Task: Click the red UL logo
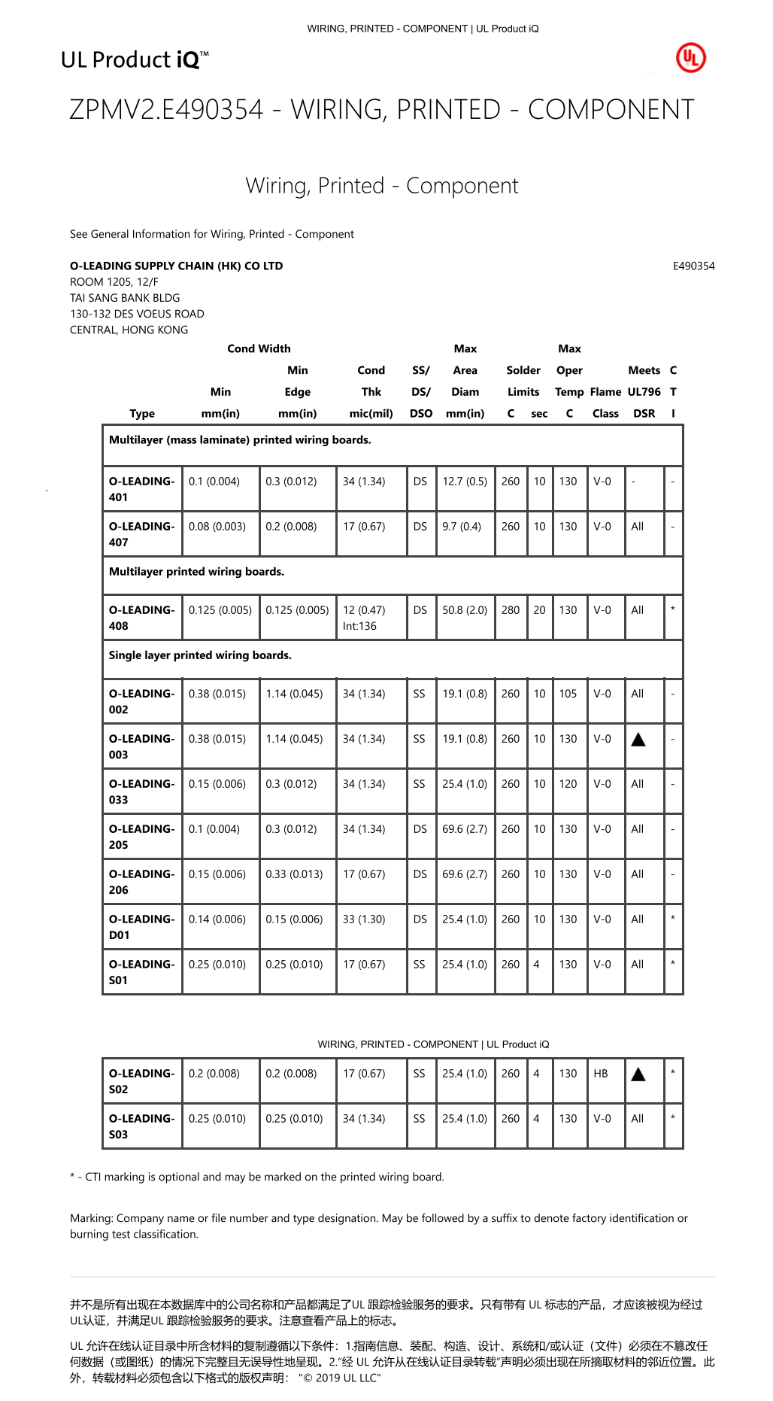(x=690, y=59)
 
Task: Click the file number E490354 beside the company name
(x=693, y=266)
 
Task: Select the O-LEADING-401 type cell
(x=141, y=489)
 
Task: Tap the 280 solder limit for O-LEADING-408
(x=511, y=610)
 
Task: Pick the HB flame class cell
(x=601, y=1074)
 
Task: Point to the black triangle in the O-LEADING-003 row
(x=638, y=740)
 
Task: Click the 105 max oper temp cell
(x=568, y=694)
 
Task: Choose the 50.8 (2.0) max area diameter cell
(x=465, y=610)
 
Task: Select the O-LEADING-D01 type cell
(x=141, y=927)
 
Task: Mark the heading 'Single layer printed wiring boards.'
(x=200, y=655)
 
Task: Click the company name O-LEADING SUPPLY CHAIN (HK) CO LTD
(x=177, y=266)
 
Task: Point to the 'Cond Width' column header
(x=259, y=349)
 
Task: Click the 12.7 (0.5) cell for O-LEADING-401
(x=465, y=482)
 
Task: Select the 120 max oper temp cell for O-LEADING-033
(x=568, y=784)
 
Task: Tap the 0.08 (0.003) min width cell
(x=217, y=527)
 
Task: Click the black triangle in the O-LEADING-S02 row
(x=638, y=1074)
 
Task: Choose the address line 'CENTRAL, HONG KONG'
(x=129, y=330)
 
